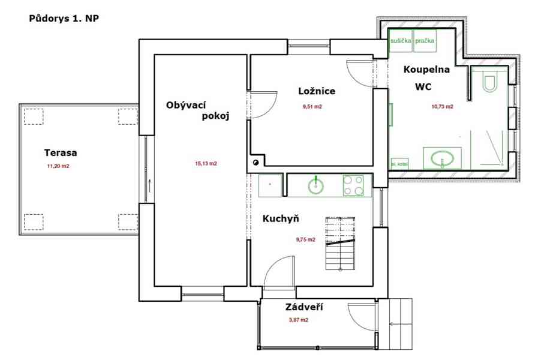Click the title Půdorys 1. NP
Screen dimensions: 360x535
pyautogui.click(x=64, y=19)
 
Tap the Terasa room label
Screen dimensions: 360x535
pyautogui.click(x=61, y=152)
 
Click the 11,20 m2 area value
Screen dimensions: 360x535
pyautogui.click(x=58, y=166)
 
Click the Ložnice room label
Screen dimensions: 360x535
pyautogui.click(x=317, y=91)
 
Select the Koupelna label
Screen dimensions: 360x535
pyautogui.click(x=426, y=70)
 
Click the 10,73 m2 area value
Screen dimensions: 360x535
pyautogui.click(x=442, y=107)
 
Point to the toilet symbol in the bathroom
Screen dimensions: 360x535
pyautogui.click(x=489, y=82)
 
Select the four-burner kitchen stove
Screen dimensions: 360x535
pyautogui.click(x=353, y=185)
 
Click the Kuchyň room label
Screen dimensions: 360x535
pyautogui.click(x=281, y=218)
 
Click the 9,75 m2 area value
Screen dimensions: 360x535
pyautogui.click(x=305, y=239)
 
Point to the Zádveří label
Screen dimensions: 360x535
pyautogui.click(x=304, y=307)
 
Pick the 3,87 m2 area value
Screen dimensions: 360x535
pyautogui.click(x=298, y=320)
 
